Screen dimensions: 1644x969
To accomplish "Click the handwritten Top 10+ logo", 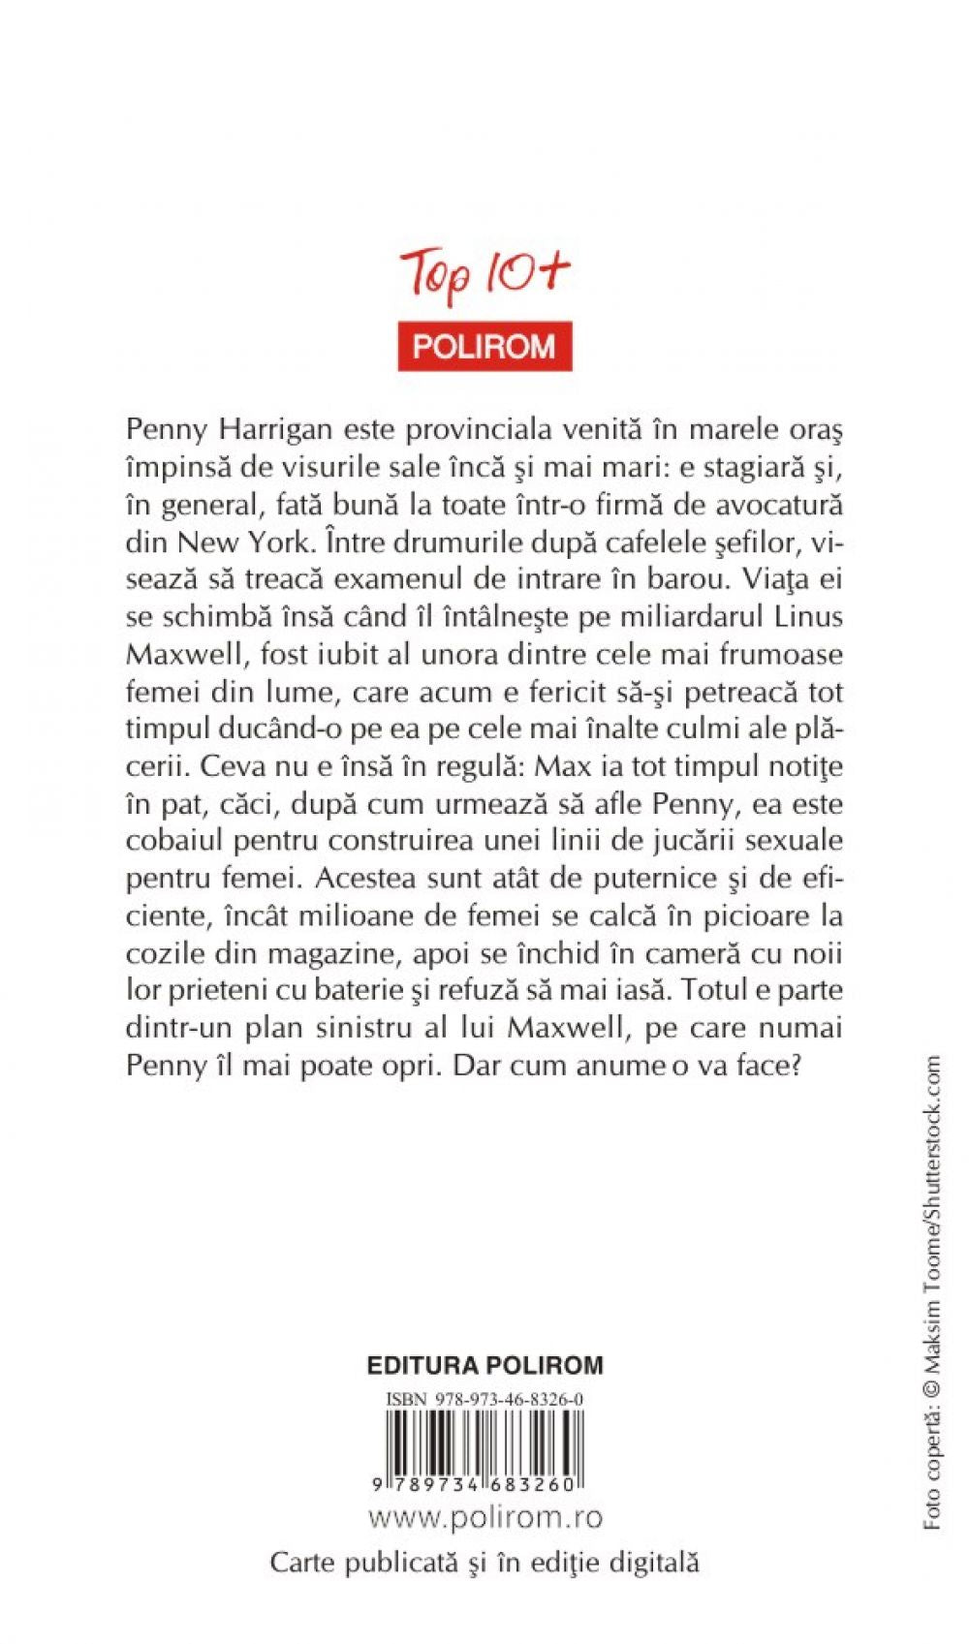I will pyautogui.click(x=484, y=277).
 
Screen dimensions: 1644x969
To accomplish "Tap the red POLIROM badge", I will pyautogui.click(x=484, y=346).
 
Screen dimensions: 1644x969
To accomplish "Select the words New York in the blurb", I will pyautogui.click(x=256, y=542).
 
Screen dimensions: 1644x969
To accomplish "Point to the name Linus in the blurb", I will pyautogui.click(x=809, y=616).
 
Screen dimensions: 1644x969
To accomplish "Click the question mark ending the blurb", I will pyautogui.click(x=794, y=1066).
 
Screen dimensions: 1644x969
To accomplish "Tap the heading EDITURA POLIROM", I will pyautogui.click(x=484, y=1366).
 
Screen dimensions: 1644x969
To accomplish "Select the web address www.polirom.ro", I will pyautogui.click(x=484, y=1517).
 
